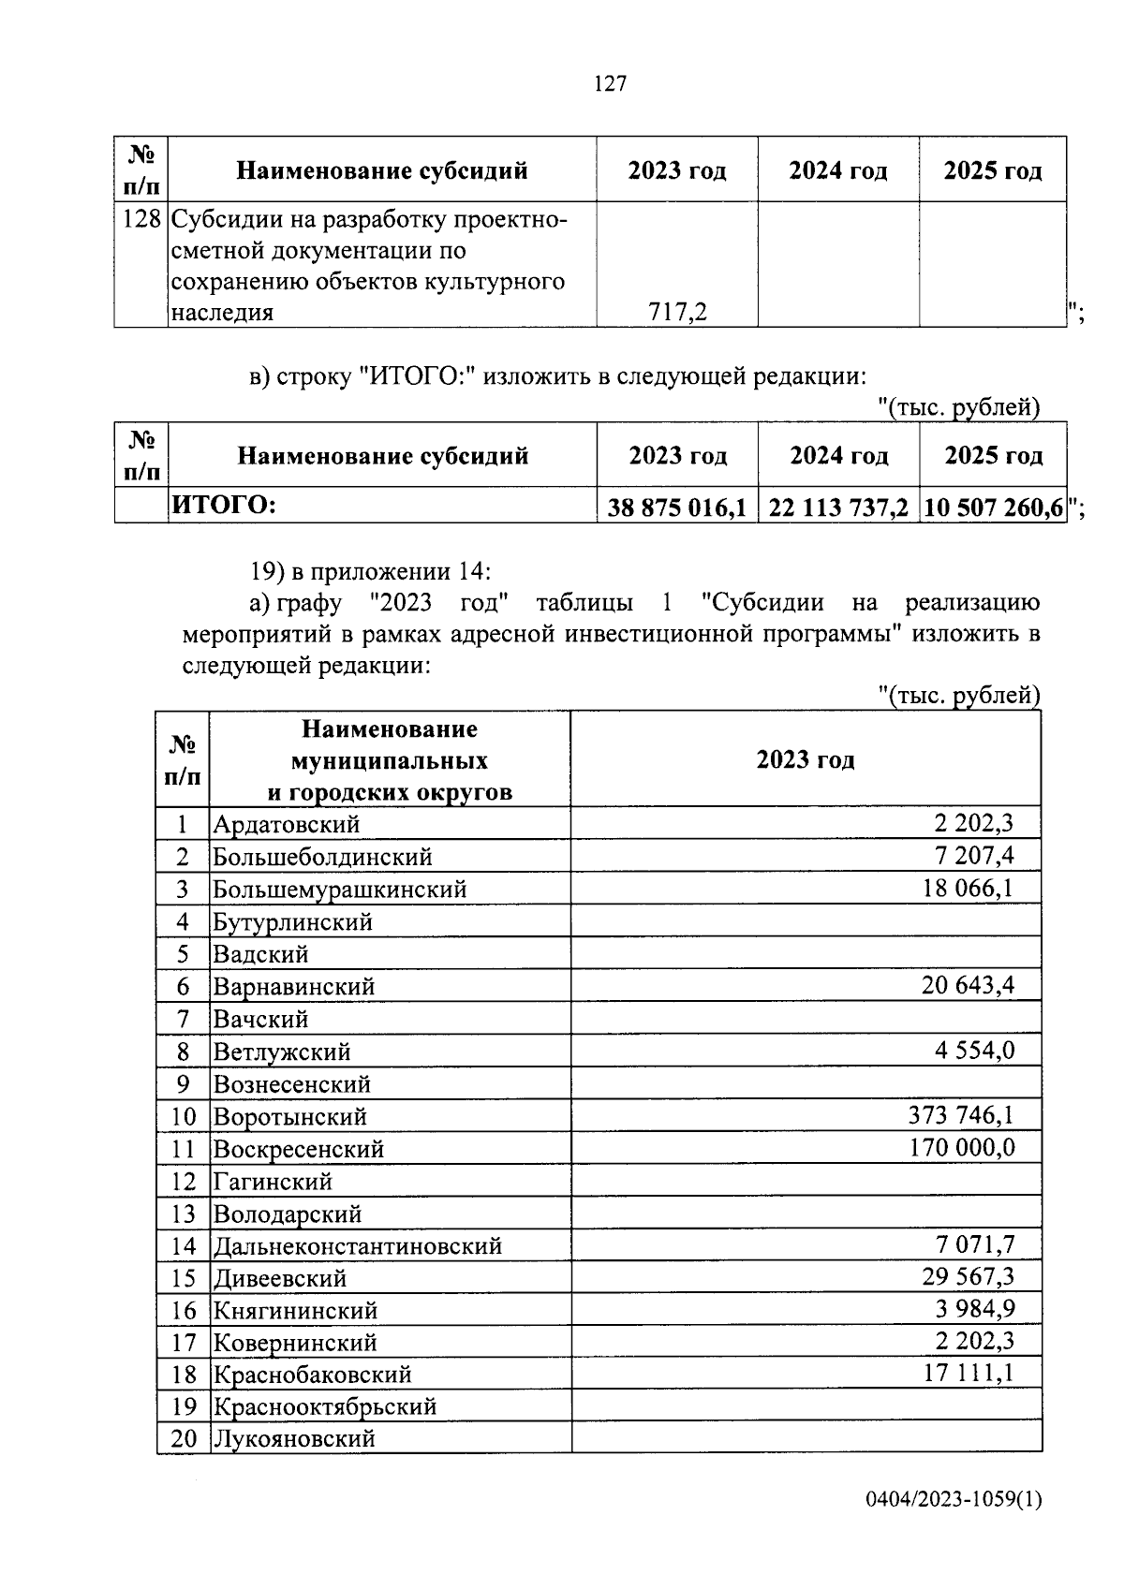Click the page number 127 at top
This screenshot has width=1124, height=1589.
(610, 84)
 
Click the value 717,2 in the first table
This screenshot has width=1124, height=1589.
(677, 312)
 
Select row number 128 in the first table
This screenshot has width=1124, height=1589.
(141, 221)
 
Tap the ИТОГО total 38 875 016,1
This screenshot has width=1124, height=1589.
(676, 508)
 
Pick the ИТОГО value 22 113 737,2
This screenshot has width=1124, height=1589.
(838, 508)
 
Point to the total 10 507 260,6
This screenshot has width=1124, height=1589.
(993, 508)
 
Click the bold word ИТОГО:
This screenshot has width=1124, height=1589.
(223, 506)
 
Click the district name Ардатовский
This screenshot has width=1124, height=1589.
(286, 825)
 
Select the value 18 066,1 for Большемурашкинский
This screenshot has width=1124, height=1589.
(968, 888)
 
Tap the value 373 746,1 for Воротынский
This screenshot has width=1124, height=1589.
(961, 1115)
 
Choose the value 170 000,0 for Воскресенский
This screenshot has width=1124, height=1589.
(962, 1148)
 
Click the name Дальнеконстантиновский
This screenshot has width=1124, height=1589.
(358, 1246)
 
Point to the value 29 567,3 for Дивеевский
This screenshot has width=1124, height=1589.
(968, 1277)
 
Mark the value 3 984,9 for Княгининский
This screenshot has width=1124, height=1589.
(974, 1309)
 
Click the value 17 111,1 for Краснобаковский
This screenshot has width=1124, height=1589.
(968, 1374)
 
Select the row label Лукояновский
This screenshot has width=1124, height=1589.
(294, 1438)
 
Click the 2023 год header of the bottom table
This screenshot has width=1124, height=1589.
(806, 759)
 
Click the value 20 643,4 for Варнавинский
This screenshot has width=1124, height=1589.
(968, 985)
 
